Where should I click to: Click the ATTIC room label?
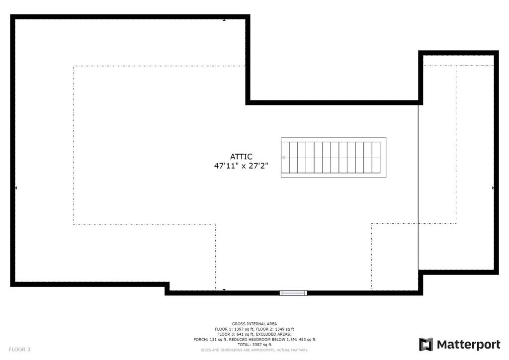point(241,157)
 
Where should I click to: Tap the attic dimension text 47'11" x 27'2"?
point(241,166)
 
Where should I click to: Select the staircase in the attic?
point(334,158)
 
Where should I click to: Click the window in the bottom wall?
point(293,293)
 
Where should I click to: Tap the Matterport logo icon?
point(426,345)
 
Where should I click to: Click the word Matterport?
point(468,345)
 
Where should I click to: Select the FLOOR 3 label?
point(19,350)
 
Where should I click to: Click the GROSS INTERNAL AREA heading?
point(254,324)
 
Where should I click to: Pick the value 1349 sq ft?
point(284,329)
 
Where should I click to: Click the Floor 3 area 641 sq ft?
point(245,334)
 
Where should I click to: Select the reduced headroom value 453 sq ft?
point(307,340)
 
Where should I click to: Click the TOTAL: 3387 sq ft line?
point(254,345)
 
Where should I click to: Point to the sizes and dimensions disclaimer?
point(254,350)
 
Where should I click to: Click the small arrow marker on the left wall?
point(16,187)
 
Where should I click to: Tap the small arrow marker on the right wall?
point(493,187)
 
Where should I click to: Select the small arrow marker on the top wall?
point(224,20)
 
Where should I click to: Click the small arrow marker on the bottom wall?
point(224,289)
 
